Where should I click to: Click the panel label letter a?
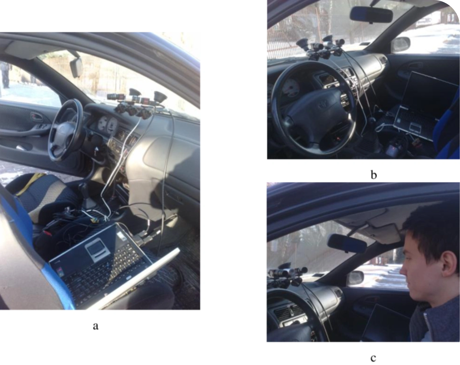point(95,326)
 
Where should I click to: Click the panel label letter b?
point(373,175)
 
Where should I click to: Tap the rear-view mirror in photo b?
point(371,14)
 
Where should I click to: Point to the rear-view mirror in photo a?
point(76,67)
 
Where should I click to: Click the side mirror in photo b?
point(400,44)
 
